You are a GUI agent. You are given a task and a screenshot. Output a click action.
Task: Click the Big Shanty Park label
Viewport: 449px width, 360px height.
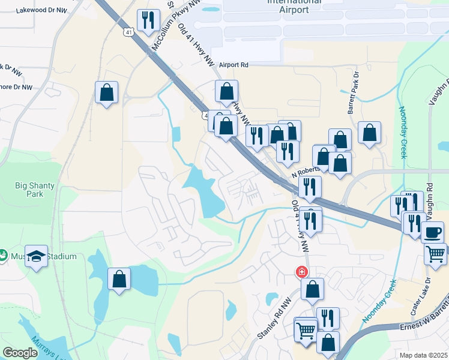click(35, 190)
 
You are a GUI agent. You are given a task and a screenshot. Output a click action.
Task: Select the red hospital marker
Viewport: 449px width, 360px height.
click(301, 272)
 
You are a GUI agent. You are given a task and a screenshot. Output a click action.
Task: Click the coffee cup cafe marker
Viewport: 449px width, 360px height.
click(432, 232)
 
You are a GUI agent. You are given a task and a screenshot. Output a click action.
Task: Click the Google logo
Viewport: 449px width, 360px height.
click(20, 353)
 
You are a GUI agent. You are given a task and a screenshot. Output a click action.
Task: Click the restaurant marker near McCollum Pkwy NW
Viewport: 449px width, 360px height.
click(148, 21)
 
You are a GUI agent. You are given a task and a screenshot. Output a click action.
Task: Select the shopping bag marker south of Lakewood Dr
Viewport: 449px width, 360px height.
click(106, 92)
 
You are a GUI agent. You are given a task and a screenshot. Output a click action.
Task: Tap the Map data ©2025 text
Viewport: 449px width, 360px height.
click(424, 355)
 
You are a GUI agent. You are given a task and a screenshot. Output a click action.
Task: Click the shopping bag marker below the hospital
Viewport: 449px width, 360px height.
click(312, 290)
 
